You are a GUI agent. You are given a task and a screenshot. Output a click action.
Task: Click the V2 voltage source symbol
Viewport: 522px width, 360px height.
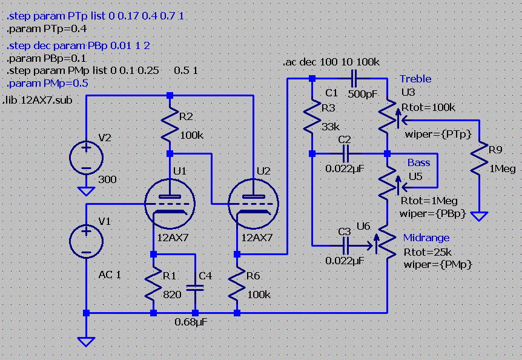tap(86, 157)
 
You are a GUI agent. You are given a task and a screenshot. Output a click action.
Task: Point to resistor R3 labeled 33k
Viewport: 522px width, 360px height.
tap(311, 118)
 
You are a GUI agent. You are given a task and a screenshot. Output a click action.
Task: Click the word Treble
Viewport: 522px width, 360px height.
tap(415, 79)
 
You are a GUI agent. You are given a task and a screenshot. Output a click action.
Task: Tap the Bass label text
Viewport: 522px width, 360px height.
tap(418, 162)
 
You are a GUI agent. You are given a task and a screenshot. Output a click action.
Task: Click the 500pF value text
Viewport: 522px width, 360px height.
tap(364, 94)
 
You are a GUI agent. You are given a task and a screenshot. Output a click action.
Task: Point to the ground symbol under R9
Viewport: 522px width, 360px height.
tap(479, 216)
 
